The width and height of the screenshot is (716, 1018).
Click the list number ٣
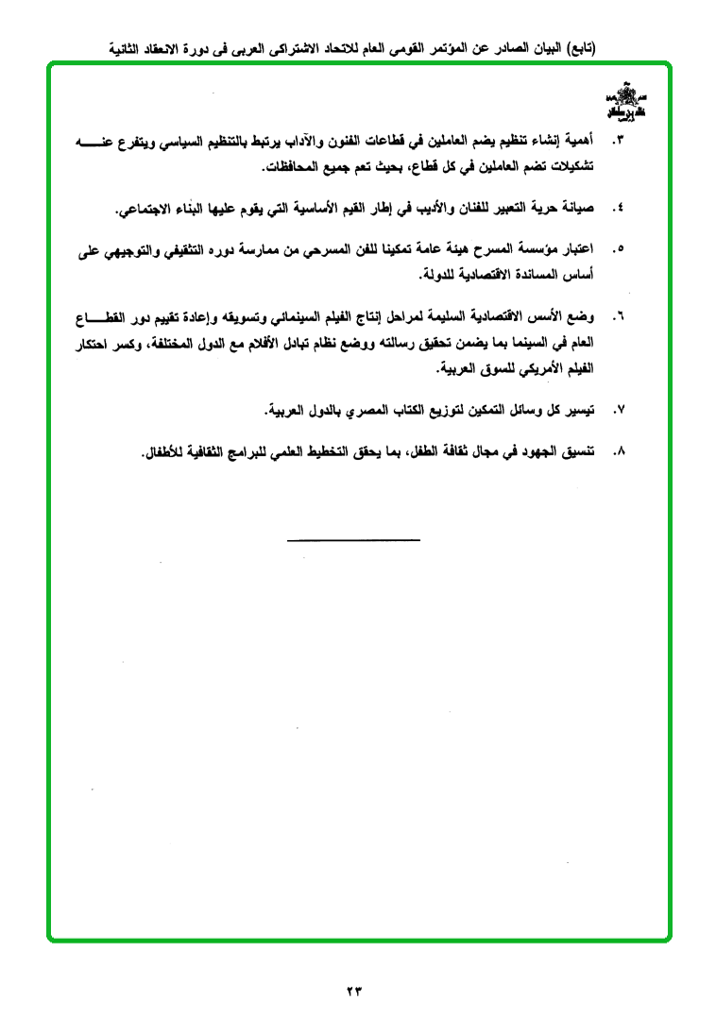point(619,142)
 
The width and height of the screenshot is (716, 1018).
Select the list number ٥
point(619,250)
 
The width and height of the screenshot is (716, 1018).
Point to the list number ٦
point(619,316)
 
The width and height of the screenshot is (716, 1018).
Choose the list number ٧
point(619,411)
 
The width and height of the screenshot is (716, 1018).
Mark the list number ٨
point(619,452)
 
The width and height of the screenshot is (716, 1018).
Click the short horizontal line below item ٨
point(353,539)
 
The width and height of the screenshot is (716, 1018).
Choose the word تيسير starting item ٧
point(583,411)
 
